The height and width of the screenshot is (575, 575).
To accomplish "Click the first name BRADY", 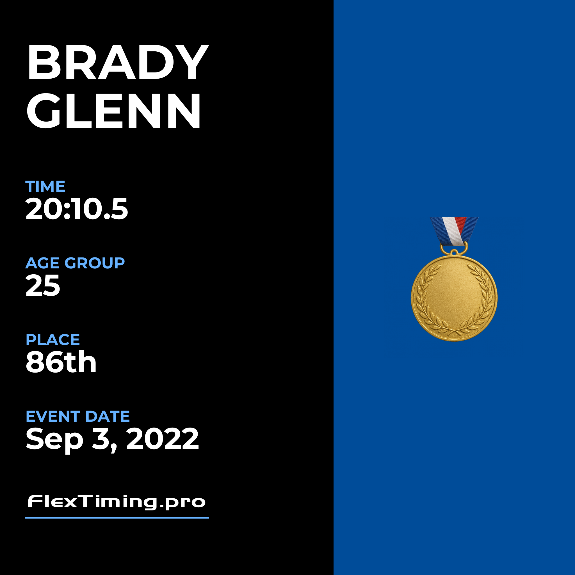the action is (118, 62).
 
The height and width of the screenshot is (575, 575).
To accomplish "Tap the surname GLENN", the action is (113, 110).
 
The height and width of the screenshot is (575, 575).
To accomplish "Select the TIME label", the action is (45, 187).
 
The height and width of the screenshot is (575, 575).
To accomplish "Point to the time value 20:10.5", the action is (77, 209).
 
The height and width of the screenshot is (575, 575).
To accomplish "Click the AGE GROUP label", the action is (75, 263).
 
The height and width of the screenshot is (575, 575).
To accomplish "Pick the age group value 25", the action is (43, 286).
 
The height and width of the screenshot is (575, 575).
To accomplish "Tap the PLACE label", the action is (53, 340).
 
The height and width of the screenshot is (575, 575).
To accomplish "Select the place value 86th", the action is (61, 362).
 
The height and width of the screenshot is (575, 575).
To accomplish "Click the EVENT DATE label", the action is (78, 416).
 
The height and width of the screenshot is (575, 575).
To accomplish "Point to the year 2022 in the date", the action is (163, 438).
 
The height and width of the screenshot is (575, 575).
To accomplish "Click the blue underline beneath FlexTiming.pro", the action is (117, 518).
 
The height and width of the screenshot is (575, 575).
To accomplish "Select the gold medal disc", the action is (454, 298).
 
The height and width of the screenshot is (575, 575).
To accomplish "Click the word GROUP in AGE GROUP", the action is (95, 263).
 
